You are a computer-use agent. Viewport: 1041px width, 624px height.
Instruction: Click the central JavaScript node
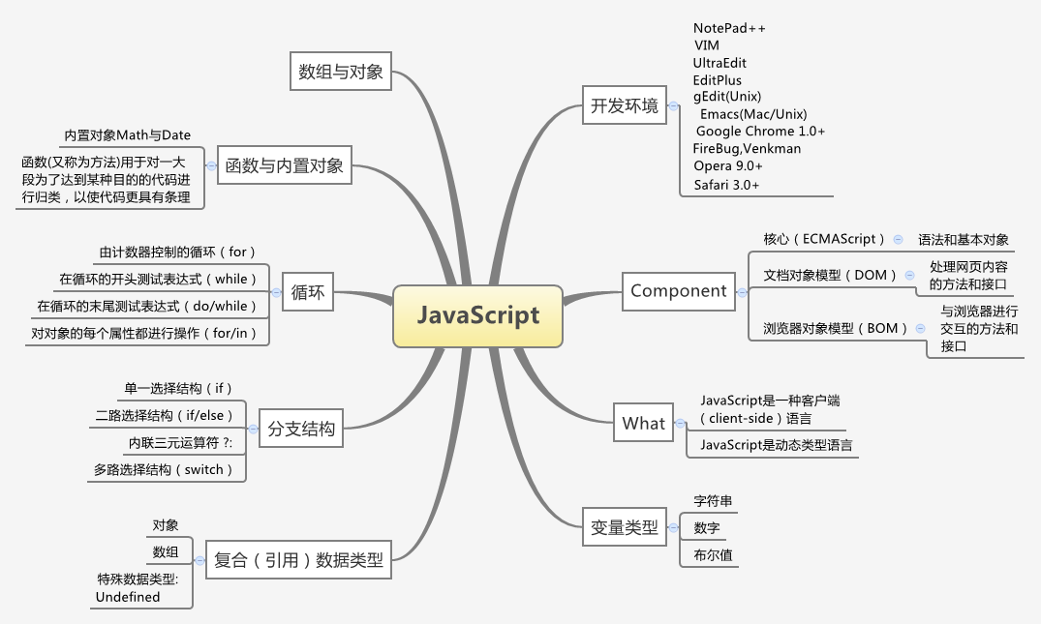pyautogui.click(x=477, y=316)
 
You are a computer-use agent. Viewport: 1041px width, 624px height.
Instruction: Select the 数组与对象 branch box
pyautogui.click(x=341, y=72)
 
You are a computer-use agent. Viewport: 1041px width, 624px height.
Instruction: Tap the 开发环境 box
pyautogui.click(x=624, y=105)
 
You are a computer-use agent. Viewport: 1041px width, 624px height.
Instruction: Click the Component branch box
pyautogui.click(x=678, y=290)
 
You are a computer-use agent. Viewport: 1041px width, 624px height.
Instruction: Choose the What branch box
pyautogui.click(x=643, y=423)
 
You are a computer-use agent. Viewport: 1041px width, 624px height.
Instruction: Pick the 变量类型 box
pyautogui.click(x=624, y=528)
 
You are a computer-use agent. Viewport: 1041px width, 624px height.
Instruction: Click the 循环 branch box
pyautogui.click(x=308, y=291)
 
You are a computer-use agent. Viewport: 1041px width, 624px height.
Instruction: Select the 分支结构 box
pyautogui.click(x=301, y=430)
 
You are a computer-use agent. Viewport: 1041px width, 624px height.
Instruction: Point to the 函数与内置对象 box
pyautogui.click(x=284, y=165)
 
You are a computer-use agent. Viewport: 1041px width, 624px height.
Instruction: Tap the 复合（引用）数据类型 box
pyautogui.click(x=298, y=559)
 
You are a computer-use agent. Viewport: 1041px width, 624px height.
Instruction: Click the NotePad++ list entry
pyautogui.click(x=729, y=28)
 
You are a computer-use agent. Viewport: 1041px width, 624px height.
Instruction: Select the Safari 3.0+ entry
pyautogui.click(x=726, y=184)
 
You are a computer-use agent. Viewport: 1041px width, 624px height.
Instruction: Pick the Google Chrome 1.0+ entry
pyautogui.click(x=760, y=131)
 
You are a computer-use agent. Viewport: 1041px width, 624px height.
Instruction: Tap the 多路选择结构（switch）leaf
pyautogui.click(x=164, y=469)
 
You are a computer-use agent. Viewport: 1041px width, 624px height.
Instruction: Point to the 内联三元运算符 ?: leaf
pyautogui.click(x=187, y=442)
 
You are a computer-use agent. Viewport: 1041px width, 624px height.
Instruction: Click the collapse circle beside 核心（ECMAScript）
pyautogui.click(x=899, y=239)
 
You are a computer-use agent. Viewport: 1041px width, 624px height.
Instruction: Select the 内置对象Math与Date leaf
pyautogui.click(x=127, y=134)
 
